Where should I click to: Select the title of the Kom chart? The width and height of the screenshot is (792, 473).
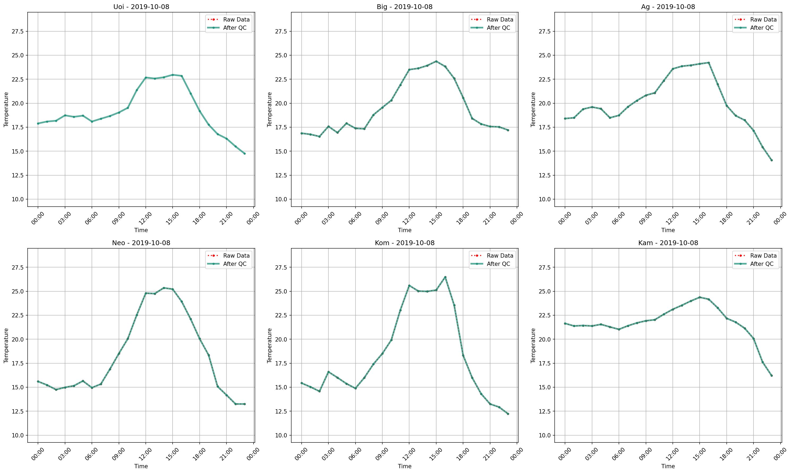tap(404, 243)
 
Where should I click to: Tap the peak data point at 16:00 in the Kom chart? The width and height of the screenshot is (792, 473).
tap(445, 277)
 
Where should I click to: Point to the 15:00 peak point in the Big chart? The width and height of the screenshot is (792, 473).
tap(436, 61)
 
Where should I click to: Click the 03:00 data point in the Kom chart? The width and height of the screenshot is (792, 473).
tap(328, 372)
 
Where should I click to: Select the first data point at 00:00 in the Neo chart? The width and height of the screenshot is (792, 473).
tap(38, 381)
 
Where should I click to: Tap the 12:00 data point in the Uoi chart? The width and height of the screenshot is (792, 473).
tap(145, 78)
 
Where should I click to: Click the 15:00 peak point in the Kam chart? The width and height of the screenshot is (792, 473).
tap(700, 297)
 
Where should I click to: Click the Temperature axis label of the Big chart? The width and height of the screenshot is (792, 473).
tap(269, 109)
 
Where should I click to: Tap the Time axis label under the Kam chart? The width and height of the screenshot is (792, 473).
tap(668, 466)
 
